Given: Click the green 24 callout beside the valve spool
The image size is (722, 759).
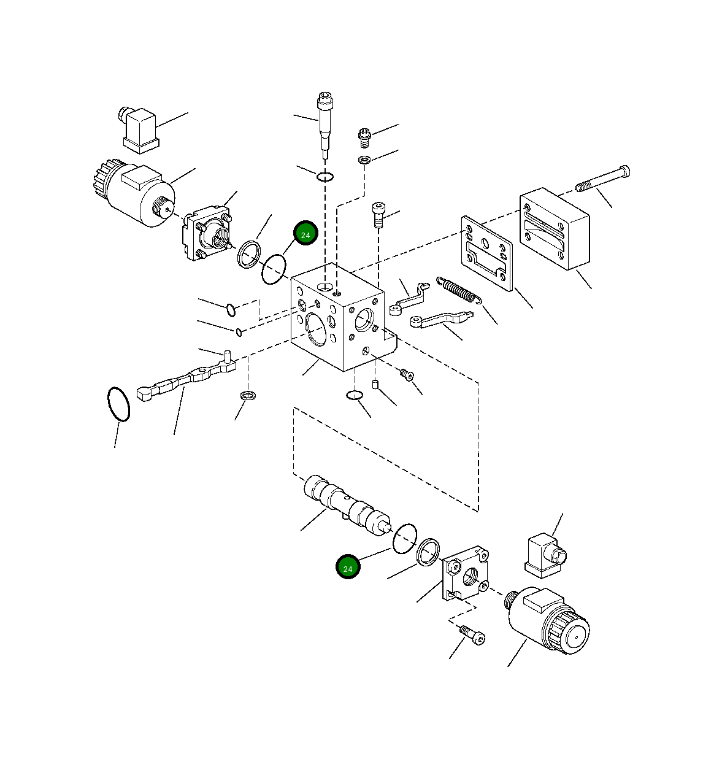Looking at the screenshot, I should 348,568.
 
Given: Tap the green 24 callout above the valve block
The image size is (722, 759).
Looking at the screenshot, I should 305,234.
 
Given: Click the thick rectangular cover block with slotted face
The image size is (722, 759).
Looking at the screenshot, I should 555,229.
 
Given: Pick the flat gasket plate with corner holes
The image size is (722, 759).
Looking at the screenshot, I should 487,252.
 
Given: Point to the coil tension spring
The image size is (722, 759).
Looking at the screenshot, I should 458,290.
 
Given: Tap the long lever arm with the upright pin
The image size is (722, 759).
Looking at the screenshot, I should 186,380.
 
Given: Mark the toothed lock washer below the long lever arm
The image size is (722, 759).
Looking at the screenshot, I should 248,395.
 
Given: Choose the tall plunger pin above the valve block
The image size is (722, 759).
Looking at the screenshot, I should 324,123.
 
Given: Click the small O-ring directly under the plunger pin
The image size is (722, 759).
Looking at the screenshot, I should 325,177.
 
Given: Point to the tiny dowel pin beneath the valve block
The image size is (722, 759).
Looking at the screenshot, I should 375,385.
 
